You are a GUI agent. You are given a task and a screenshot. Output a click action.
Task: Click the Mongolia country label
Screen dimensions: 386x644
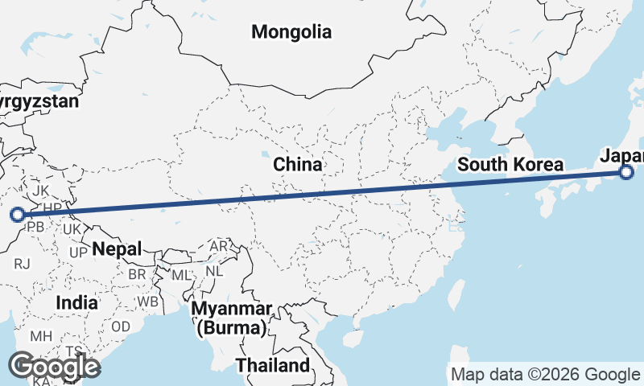click(x=291, y=32)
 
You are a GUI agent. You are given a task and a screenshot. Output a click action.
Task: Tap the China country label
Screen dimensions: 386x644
click(x=297, y=165)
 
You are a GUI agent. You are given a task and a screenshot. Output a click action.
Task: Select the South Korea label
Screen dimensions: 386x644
click(x=510, y=165)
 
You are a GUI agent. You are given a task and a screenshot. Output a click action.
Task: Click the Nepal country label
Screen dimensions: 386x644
click(x=117, y=248)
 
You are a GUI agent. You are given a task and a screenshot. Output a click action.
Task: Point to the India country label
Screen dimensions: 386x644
click(x=77, y=303)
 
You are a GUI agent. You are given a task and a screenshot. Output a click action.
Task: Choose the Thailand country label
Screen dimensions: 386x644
click(x=273, y=365)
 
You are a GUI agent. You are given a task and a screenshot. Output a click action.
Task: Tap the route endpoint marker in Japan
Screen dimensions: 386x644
click(x=627, y=171)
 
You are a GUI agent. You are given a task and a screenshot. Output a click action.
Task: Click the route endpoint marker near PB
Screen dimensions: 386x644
click(x=17, y=214)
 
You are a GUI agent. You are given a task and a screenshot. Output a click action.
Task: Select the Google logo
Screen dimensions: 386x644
click(x=54, y=367)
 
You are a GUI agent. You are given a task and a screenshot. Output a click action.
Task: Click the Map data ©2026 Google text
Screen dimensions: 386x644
click(x=545, y=375)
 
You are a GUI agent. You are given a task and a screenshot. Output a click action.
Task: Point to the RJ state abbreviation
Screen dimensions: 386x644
click(x=22, y=263)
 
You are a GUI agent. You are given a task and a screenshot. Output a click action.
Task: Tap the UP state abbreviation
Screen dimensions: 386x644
click(x=78, y=253)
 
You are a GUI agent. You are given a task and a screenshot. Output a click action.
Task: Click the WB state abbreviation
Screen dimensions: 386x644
click(x=147, y=302)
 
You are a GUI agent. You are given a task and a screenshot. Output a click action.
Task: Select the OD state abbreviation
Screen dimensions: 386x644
click(x=121, y=326)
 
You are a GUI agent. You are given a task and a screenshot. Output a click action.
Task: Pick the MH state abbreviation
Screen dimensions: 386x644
click(x=41, y=335)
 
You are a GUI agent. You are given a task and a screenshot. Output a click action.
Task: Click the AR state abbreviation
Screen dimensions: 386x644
click(x=219, y=246)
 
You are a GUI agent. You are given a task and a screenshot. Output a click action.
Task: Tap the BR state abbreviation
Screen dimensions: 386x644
click(x=138, y=273)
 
